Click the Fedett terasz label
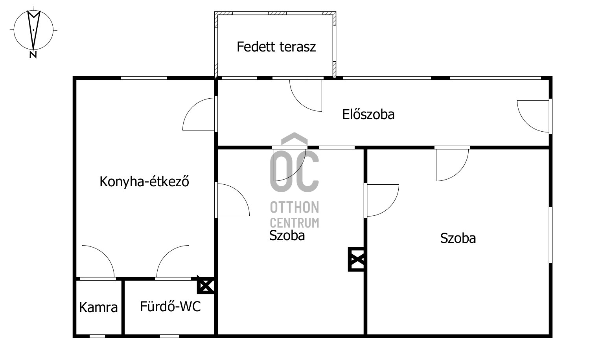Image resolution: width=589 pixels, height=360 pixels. (276, 47)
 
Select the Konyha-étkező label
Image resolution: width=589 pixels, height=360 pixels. (144, 182)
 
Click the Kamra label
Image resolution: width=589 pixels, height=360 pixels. (98, 307)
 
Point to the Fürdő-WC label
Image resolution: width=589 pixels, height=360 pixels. (170, 306)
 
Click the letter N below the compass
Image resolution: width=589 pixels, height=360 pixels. (33, 55)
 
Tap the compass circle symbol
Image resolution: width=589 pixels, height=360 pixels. (33, 29)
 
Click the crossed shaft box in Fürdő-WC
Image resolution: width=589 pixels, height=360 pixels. (206, 285)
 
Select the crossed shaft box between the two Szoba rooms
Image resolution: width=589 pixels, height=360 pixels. (357, 259)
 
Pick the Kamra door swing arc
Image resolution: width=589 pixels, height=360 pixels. (98, 261)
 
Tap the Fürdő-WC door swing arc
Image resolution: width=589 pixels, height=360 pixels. (173, 261)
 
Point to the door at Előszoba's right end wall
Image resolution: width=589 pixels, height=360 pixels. (534, 116)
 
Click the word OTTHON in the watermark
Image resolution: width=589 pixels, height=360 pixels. (294, 207)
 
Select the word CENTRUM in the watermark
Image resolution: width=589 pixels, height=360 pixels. (294, 223)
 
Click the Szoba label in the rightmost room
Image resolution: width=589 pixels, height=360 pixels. (458, 238)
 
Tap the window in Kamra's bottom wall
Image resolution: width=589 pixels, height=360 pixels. (97, 336)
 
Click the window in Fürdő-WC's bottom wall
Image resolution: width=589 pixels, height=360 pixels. (169, 336)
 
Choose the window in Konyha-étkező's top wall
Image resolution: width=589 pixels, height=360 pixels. (144, 78)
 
